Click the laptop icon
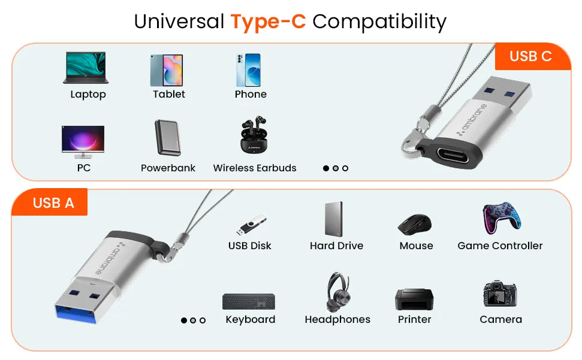click(x=86, y=68)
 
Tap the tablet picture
click(x=167, y=70)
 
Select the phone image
click(x=248, y=70)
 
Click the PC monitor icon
click(x=83, y=142)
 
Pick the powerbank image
click(x=167, y=137)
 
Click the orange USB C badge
click(x=533, y=56)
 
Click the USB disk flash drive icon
click(x=251, y=224)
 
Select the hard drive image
click(x=334, y=219)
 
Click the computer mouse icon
click(x=415, y=224)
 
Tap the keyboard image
click(x=249, y=301)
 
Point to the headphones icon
click(x=338, y=292)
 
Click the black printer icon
click(x=414, y=299)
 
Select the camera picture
click(x=500, y=294)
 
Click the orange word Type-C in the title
click(x=268, y=21)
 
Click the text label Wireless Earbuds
click(x=255, y=168)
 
